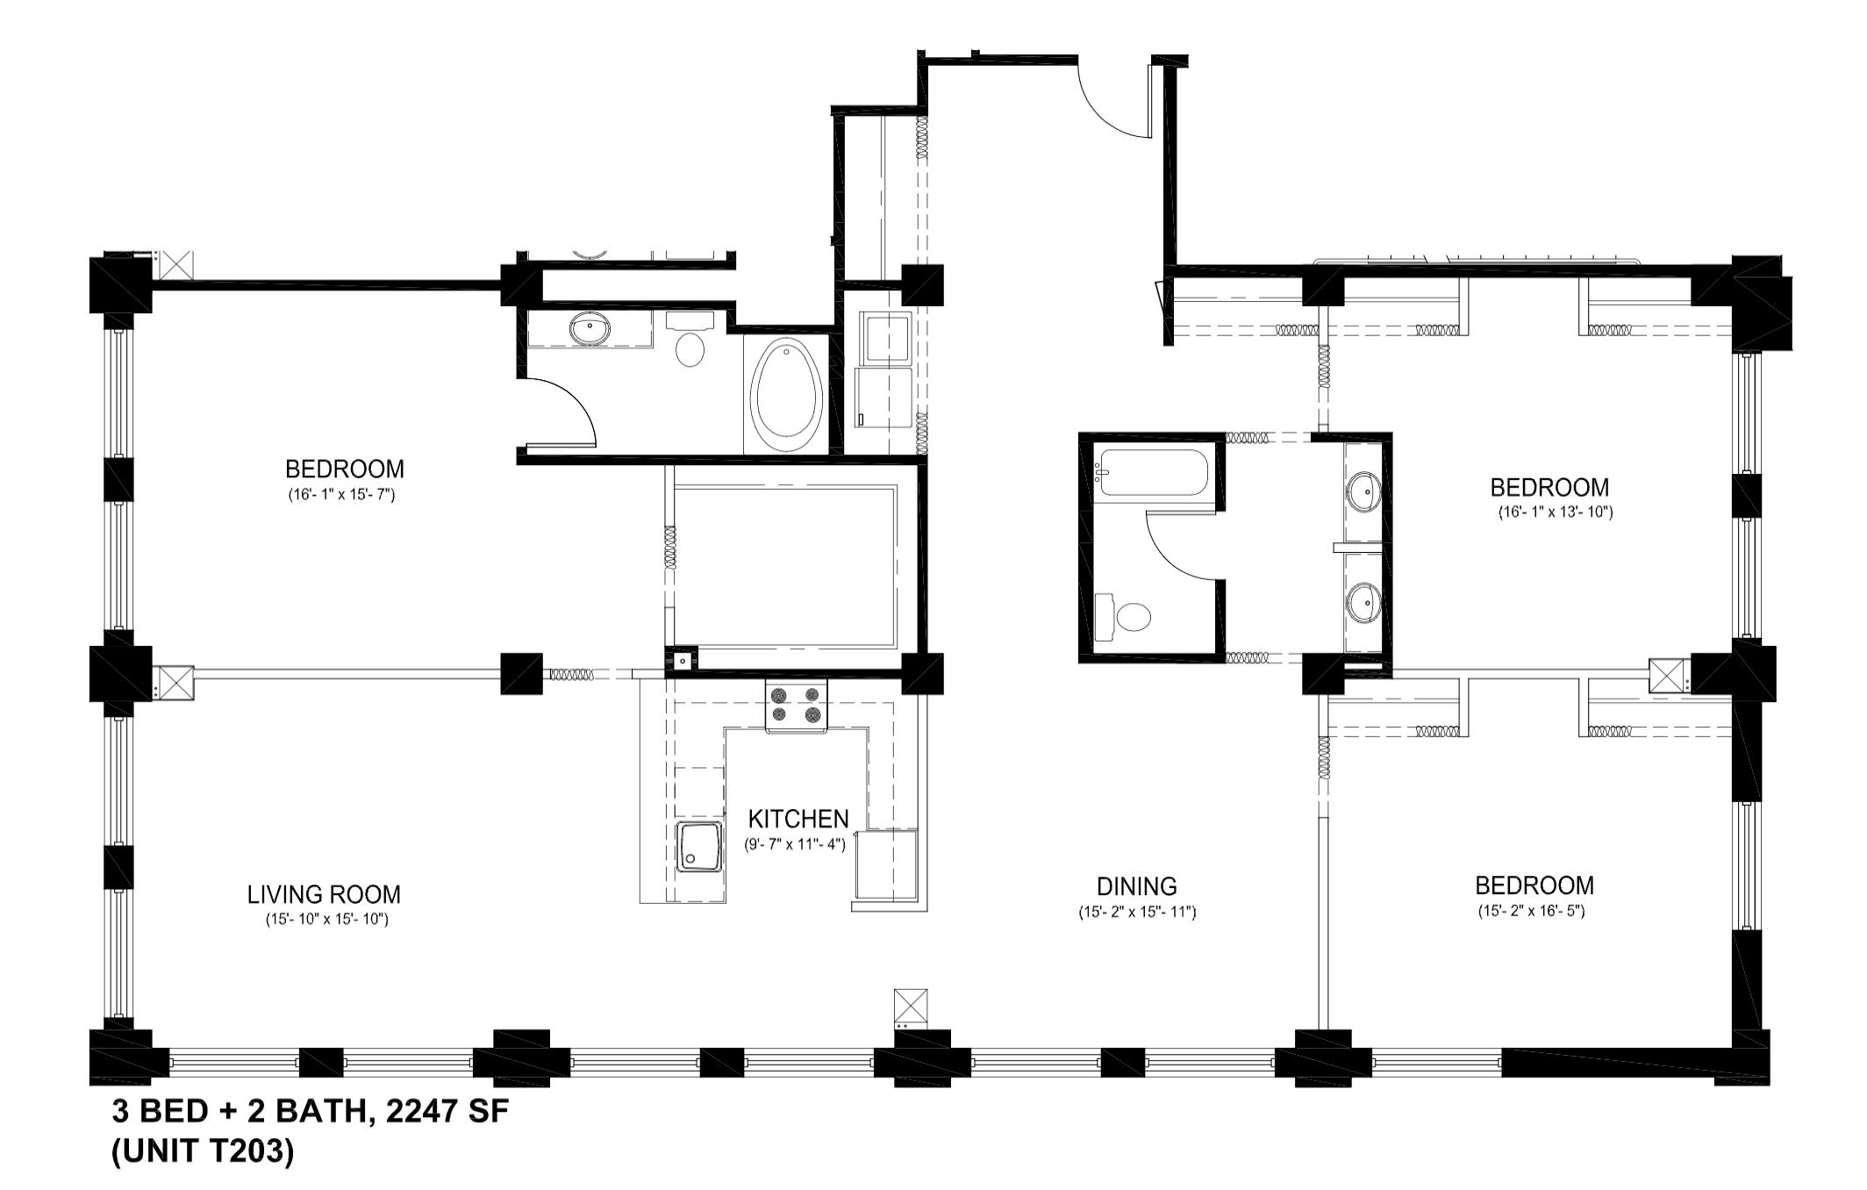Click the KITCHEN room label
798,819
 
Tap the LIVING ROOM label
324,894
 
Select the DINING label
1137,886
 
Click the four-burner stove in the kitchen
797,706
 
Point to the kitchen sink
699,847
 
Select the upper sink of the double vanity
1363,491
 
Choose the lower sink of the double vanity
1363,603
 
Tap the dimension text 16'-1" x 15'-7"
342,495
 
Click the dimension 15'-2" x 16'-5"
1531,912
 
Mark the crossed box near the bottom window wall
910,1004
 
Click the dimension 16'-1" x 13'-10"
1555,513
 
